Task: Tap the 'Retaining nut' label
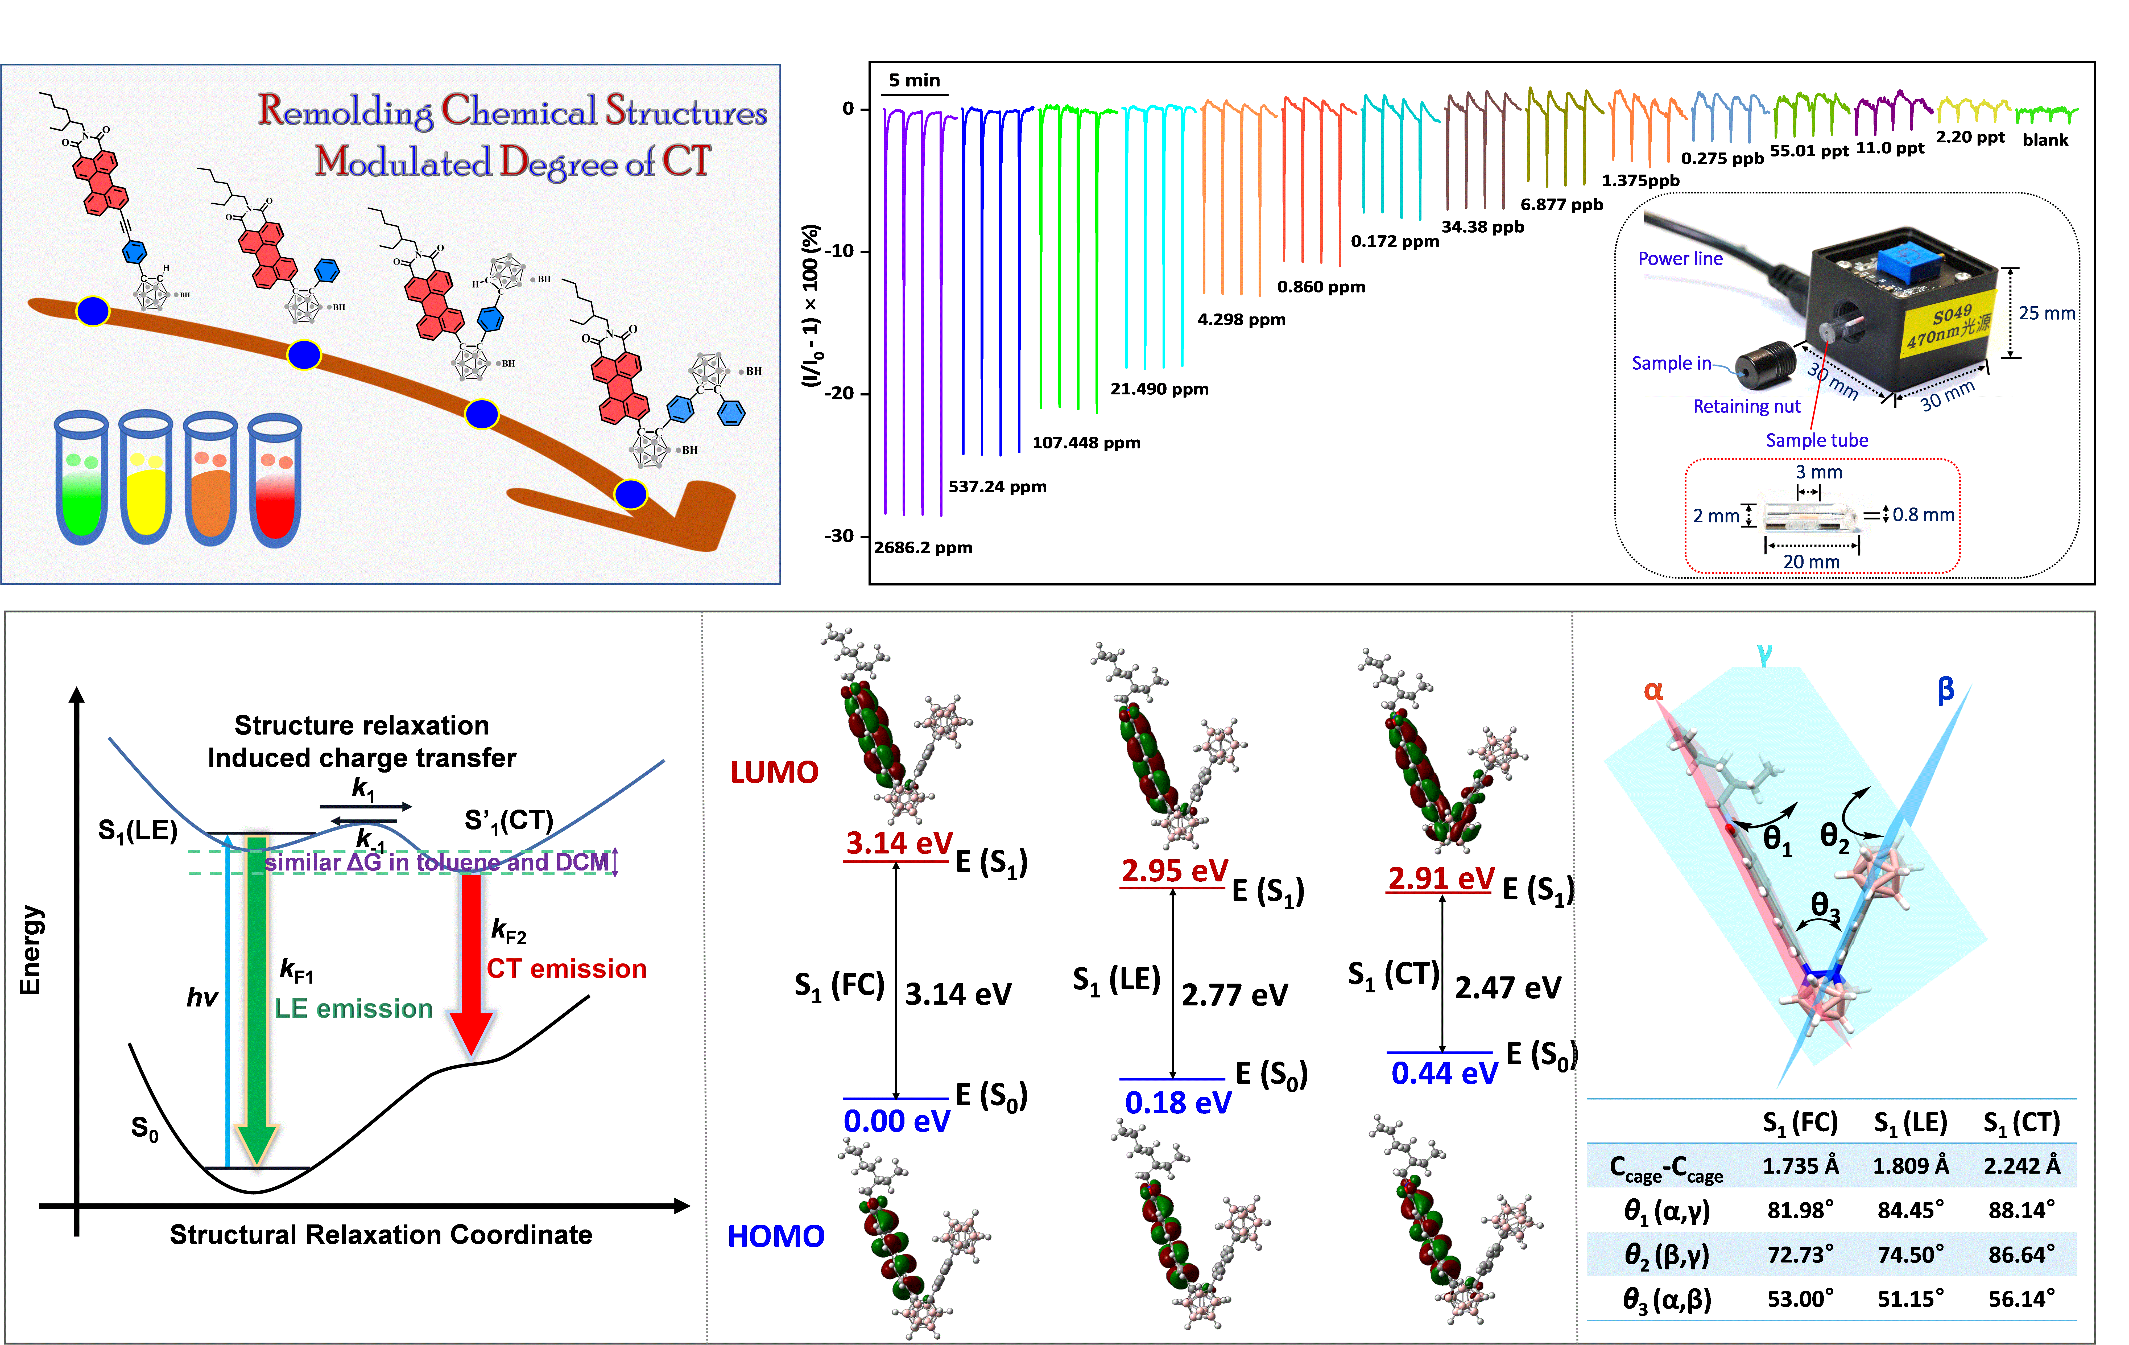click(x=1746, y=407)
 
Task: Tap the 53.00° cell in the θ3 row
click(x=1800, y=1299)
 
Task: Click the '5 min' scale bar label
click(x=914, y=80)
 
